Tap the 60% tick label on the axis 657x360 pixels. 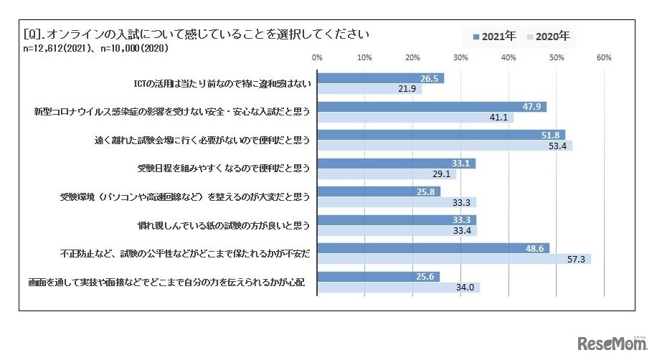tap(603, 57)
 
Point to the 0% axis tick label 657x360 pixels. tap(317, 57)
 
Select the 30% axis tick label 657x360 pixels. tap(460, 57)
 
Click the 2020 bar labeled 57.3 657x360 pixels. tap(454, 259)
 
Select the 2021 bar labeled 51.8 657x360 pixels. tap(441, 135)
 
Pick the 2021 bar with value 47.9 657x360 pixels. tap(432, 106)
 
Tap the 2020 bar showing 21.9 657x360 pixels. tap(369, 89)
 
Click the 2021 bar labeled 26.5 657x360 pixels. tap(380, 78)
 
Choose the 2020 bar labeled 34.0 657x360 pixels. tap(398, 288)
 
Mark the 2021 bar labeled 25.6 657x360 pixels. tap(378, 277)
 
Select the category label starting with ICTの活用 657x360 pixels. tap(222, 83)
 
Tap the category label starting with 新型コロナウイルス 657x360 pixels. tap(172, 112)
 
